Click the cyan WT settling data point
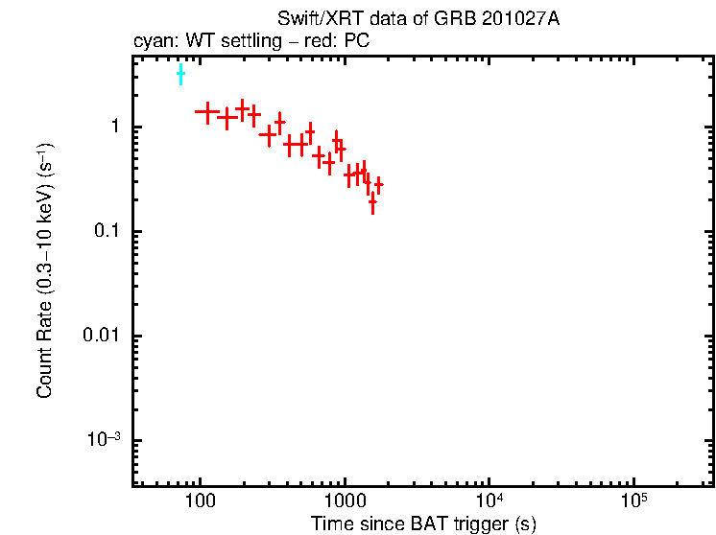[180, 75]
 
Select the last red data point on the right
[379, 184]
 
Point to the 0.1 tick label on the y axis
[107, 232]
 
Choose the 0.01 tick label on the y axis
[102, 337]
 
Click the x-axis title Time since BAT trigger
[423, 523]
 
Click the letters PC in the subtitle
[360, 42]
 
